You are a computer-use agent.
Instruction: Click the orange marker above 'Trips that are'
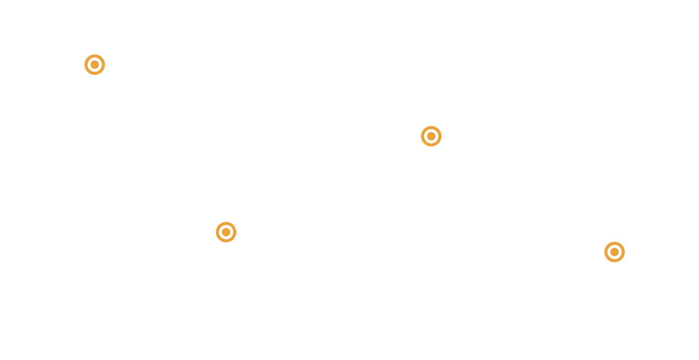[x=95, y=64]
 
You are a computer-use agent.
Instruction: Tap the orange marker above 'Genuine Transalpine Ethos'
[x=226, y=232]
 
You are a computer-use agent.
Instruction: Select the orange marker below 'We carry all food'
[x=431, y=136]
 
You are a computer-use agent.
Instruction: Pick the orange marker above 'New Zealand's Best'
[x=614, y=252]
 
